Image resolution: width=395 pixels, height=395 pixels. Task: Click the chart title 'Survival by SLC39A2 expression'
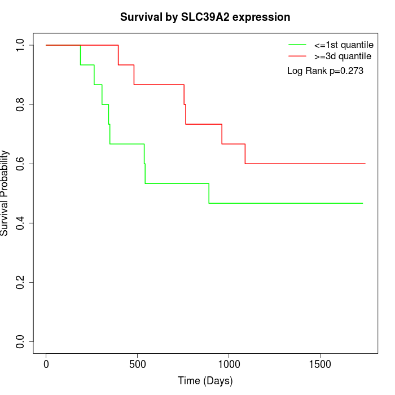tap(205, 17)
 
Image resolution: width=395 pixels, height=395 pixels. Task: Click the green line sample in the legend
tap(297, 45)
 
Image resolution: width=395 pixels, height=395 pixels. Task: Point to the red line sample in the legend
tap(297, 56)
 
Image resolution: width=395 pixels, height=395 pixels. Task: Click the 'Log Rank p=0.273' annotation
tap(325, 71)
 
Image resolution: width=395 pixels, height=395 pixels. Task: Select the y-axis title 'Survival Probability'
tap(5, 193)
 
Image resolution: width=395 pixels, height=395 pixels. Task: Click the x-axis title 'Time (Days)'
tap(205, 381)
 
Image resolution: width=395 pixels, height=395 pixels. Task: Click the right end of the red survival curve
tap(365, 164)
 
